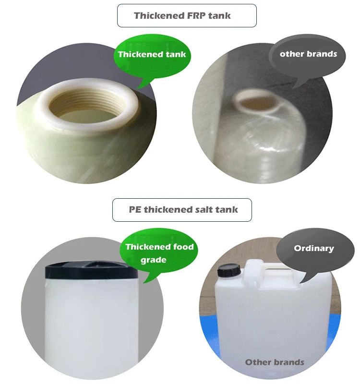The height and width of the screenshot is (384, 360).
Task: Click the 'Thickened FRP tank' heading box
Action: click(x=187, y=15)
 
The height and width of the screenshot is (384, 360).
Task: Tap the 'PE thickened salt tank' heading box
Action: click(x=182, y=210)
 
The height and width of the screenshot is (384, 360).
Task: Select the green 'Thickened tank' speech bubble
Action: click(x=152, y=54)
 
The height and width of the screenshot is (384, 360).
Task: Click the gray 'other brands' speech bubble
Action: click(x=308, y=54)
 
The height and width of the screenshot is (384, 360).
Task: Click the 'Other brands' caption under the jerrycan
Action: click(x=275, y=362)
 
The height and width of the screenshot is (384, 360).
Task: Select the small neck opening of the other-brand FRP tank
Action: click(x=254, y=101)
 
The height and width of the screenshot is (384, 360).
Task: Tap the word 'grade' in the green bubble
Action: click(x=153, y=260)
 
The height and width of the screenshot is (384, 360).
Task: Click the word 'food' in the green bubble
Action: click(x=184, y=247)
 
